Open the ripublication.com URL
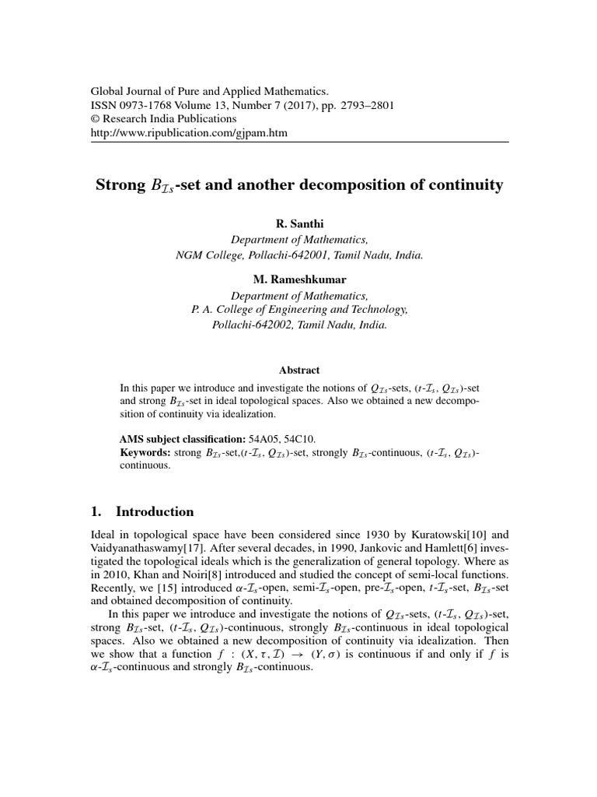tap(189, 133)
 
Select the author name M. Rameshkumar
tap(299, 282)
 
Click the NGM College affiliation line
tap(299, 255)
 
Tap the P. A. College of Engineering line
tap(299, 310)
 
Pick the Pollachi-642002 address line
tap(299, 325)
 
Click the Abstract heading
tap(299, 370)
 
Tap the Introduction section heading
tap(154, 512)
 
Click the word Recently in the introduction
tap(112, 591)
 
